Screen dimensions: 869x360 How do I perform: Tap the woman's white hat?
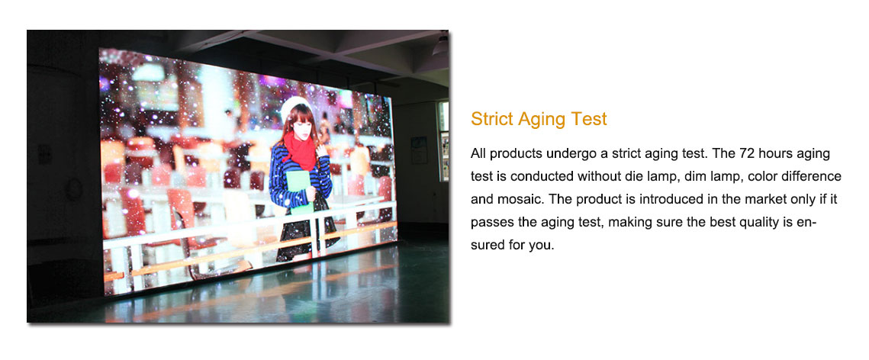[294, 106]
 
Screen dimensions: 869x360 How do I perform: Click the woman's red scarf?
[301, 149]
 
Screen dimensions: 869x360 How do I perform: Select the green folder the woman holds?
[300, 190]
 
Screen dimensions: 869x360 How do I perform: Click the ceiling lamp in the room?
[440, 46]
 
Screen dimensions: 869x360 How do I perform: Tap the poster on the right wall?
[419, 149]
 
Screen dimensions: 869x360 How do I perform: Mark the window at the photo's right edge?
[443, 140]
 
